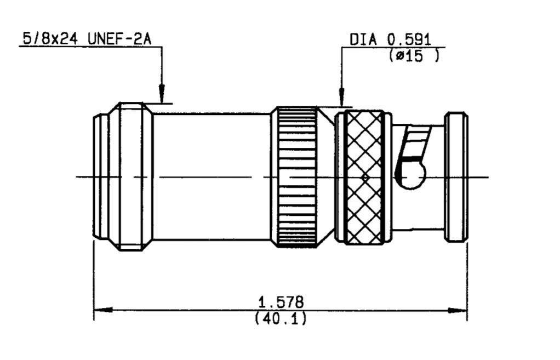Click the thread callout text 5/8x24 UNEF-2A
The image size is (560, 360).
[87, 38]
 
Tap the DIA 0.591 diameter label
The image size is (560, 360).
[390, 39]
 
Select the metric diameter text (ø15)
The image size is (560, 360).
[414, 55]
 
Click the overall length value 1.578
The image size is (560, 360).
[281, 302]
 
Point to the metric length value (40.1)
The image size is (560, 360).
[281, 318]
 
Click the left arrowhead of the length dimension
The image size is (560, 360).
[104, 310]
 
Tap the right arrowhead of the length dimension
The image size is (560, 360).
[458, 310]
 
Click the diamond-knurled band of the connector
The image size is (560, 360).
[364, 178]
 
